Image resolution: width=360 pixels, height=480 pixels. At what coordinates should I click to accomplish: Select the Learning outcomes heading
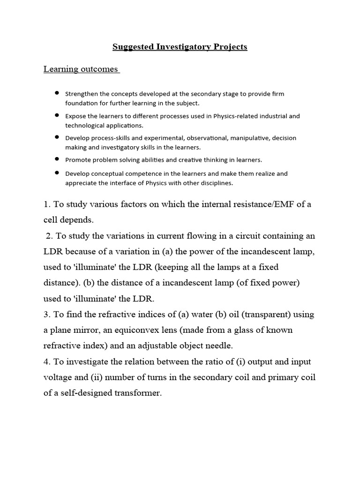coord(81,69)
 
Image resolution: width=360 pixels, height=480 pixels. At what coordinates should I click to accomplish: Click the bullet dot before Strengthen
coord(57,93)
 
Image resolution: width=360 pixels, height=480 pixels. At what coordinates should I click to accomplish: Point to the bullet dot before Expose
coord(57,115)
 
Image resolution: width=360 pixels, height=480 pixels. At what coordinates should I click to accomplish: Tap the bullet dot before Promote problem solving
coord(57,159)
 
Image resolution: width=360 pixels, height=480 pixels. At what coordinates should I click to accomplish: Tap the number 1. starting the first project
coord(47,204)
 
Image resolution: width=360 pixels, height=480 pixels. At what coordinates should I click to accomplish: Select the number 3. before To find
coord(47,314)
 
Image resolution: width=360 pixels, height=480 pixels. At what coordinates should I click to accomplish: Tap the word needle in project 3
coord(219,346)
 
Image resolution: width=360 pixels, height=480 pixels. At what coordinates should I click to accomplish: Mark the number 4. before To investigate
coord(47,362)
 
